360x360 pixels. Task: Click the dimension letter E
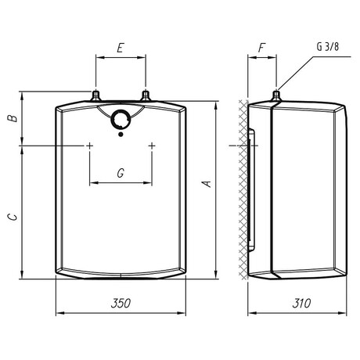click(x=120, y=48)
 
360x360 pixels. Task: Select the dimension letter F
click(x=262, y=48)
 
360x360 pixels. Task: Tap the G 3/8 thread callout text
click(x=328, y=47)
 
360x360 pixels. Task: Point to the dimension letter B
click(x=13, y=118)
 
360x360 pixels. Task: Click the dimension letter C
click(x=13, y=217)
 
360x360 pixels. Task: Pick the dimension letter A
click(x=207, y=183)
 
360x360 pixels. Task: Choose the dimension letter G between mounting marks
click(x=121, y=173)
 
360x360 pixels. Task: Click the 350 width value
click(x=121, y=303)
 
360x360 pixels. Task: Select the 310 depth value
click(x=301, y=303)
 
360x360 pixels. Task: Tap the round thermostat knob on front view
click(x=121, y=120)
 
